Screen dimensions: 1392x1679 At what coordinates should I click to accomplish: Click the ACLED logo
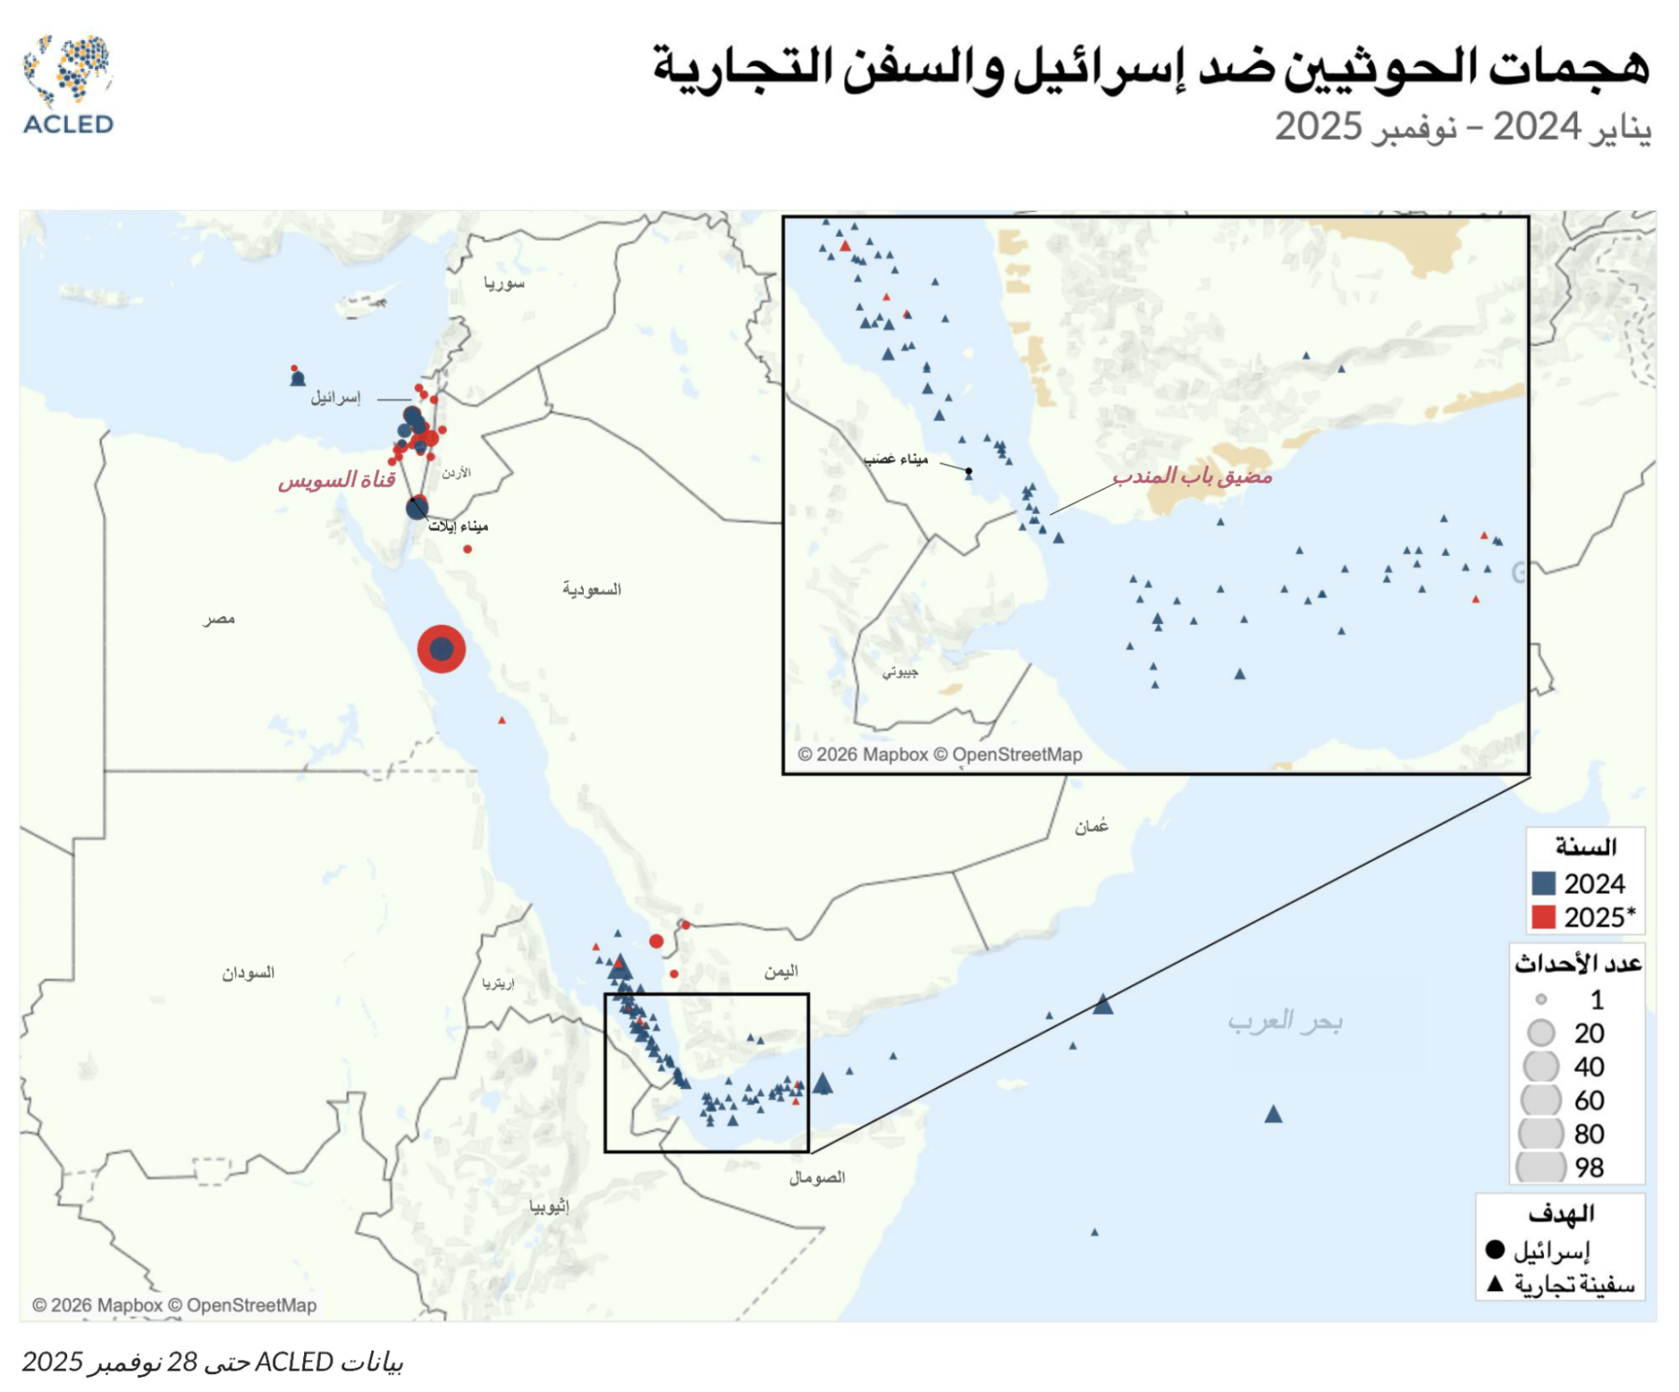point(68,85)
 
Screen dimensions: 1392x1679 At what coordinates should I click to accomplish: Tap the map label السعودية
point(591,590)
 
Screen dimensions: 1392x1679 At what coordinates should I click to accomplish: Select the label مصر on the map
point(219,619)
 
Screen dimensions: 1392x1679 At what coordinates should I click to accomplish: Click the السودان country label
point(248,973)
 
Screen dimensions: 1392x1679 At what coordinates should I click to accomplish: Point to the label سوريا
point(504,283)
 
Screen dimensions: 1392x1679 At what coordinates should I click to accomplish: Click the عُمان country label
point(1090,827)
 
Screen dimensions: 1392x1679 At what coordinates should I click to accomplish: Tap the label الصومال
point(817,1177)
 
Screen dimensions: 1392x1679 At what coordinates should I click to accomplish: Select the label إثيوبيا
point(549,1206)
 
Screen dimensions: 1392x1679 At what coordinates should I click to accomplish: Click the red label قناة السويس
point(337,480)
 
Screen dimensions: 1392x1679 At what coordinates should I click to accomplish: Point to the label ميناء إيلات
point(458,527)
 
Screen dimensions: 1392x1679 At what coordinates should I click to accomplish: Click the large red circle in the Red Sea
point(441,648)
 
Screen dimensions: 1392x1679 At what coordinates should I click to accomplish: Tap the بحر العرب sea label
point(1284,1022)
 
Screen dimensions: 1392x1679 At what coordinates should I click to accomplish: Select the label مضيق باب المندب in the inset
point(1191,477)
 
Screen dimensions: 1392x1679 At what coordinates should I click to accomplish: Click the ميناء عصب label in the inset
point(895,459)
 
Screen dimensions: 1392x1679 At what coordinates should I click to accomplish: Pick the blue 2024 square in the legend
point(1544,883)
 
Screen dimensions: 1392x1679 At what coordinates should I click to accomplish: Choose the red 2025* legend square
point(1544,916)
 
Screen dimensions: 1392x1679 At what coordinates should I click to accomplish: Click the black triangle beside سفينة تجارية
point(1495,1284)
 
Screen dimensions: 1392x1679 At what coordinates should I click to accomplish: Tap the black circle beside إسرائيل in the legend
point(1495,1249)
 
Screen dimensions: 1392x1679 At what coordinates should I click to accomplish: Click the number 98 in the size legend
point(1589,1167)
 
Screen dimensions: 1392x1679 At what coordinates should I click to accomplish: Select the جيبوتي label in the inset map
point(900,672)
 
